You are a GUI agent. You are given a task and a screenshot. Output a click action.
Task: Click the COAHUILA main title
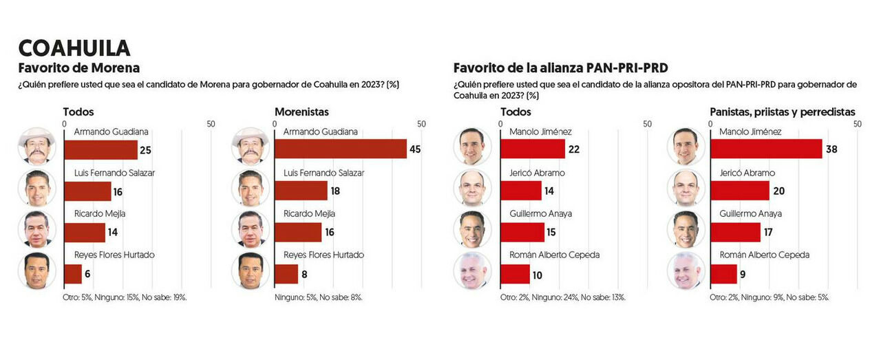coord(74,48)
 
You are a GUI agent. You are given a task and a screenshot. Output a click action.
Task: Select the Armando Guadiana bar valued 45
coord(340,149)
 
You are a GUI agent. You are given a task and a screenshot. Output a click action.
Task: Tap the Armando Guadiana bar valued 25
coord(100,149)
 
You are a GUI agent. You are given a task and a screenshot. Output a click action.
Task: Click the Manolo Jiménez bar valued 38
coord(765,149)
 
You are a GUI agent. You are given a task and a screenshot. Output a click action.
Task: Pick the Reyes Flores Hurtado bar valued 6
coord(72,274)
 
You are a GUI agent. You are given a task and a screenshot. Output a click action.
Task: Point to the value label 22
coord(575,150)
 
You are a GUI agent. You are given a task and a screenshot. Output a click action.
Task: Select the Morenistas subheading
coord(301,112)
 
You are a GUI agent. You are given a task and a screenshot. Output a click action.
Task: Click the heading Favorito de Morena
coord(79,68)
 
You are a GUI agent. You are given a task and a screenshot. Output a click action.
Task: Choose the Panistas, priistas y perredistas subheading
coord(783,112)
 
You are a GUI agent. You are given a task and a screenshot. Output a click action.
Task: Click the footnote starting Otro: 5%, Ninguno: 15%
coord(125,297)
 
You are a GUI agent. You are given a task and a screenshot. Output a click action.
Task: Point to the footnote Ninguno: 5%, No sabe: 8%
coord(318,297)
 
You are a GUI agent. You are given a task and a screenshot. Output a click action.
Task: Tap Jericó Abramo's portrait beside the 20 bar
coord(686,188)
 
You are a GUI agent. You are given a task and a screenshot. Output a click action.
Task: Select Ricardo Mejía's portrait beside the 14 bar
coord(36,229)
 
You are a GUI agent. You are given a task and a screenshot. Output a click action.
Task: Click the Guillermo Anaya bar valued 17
coord(735,232)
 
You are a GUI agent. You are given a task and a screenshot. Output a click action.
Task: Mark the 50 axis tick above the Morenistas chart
coord(421,124)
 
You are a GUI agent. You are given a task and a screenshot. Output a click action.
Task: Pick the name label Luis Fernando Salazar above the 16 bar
coord(114,173)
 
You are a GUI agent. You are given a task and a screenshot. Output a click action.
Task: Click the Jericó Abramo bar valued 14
coord(520,191)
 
